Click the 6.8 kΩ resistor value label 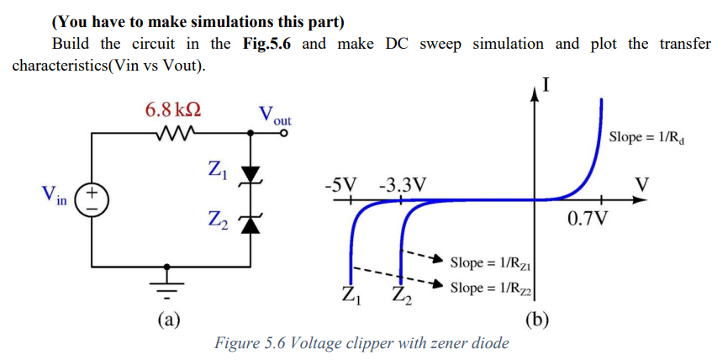click(x=172, y=110)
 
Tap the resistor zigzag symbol click(x=175, y=132)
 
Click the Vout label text click(x=274, y=114)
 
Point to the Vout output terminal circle click(x=284, y=132)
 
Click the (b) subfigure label click(x=537, y=320)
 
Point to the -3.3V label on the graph click(x=402, y=183)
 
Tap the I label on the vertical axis click(x=546, y=84)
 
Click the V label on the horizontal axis click(x=643, y=183)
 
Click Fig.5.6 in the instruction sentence click(x=263, y=44)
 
